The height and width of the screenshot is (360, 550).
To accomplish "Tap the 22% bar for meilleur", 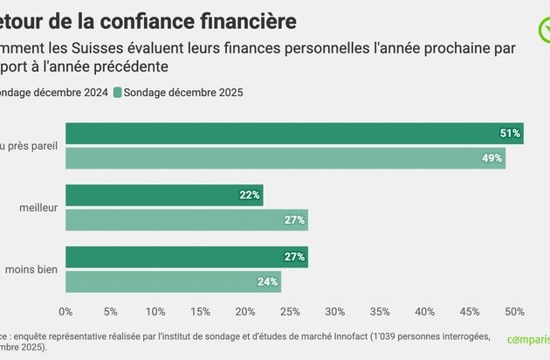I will pos(164,195).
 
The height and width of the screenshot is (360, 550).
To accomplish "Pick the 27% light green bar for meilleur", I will pos(187,220).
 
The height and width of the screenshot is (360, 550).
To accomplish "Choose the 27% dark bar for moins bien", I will pos(187,257).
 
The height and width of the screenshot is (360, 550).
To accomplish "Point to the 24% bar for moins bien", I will pos(173,281).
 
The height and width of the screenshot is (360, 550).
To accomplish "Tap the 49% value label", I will pos(492,158).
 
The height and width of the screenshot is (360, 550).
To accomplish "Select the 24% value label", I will pos(268,281).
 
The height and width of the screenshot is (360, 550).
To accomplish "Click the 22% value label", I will pos(250,195).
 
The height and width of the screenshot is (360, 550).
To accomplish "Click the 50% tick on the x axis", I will pos(515,311).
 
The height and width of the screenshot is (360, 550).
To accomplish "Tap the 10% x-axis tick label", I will pos(155,311).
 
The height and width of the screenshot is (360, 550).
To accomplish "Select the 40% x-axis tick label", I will pos(425,311).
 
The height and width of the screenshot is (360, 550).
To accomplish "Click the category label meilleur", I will pos(38,208).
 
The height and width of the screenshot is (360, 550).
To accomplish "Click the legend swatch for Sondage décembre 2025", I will pos(118,92).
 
